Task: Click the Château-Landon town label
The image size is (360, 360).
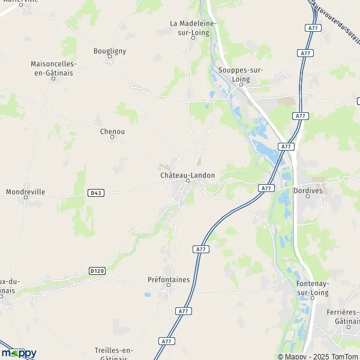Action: [187, 175]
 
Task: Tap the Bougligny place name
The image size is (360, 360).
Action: [110, 51]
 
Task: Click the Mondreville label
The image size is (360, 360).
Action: [25, 192]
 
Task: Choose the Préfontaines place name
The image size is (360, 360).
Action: [169, 279]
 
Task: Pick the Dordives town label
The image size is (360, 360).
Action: [308, 190]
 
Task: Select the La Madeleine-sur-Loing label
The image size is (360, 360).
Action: [193, 28]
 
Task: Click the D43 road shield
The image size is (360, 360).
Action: [94, 193]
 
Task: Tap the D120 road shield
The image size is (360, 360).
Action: [97, 271]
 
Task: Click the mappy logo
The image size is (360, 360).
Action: [19, 353]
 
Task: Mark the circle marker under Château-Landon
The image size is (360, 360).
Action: [187, 181]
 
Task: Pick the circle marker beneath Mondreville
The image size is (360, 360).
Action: [25, 199]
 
